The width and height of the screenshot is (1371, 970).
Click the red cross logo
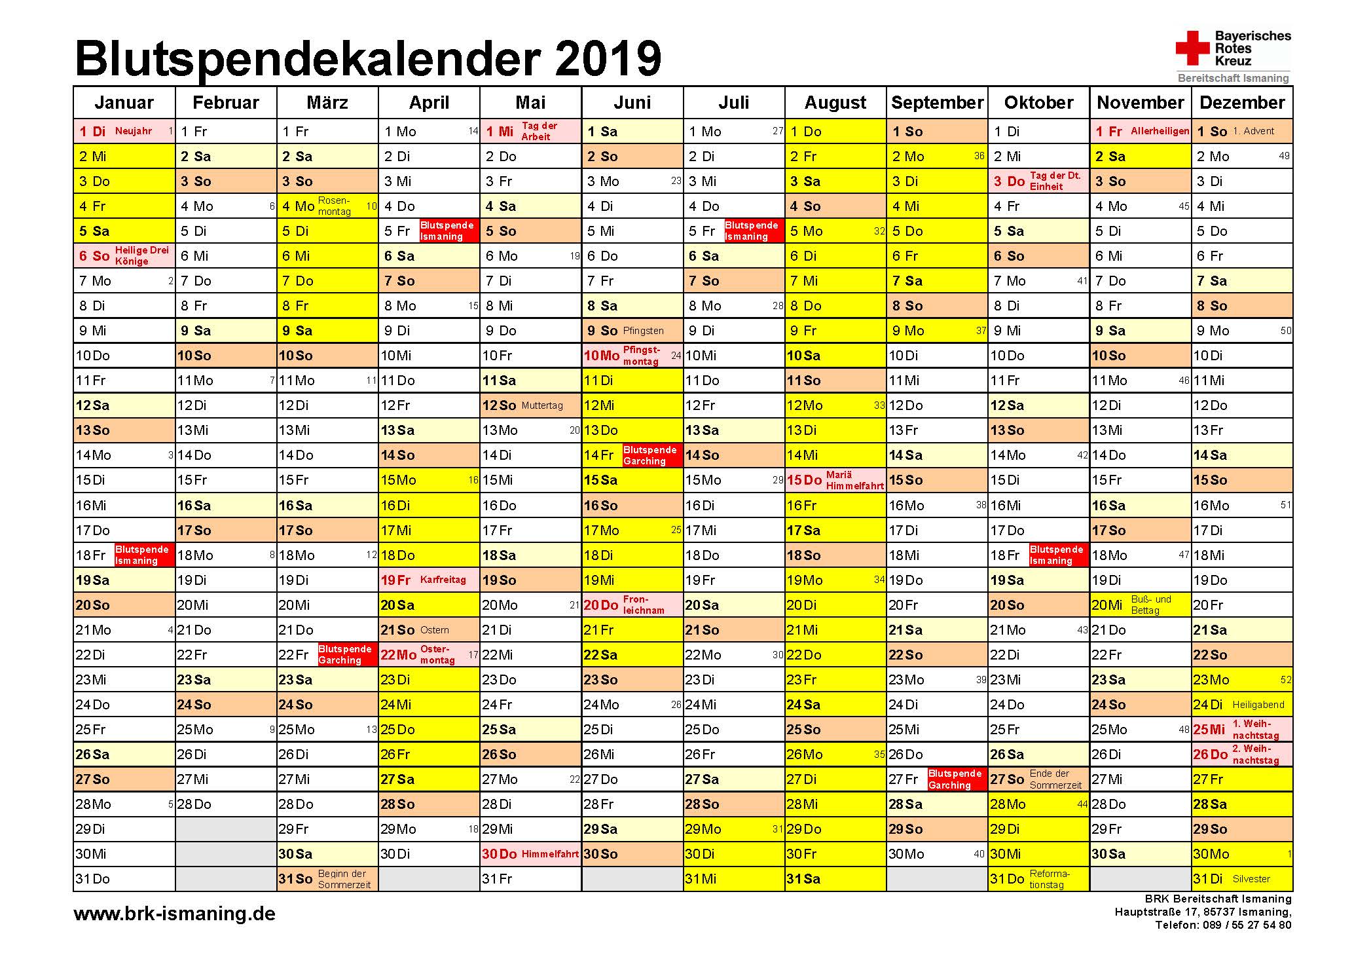click(1192, 48)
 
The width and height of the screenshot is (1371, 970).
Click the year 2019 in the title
click(608, 58)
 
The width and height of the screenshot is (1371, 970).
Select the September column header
click(937, 102)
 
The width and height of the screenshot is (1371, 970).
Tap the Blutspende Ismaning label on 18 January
click(142, 555)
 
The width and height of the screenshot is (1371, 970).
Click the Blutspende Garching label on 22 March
click(345, 654)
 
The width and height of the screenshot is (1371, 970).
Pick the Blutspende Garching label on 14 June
click(650, 455)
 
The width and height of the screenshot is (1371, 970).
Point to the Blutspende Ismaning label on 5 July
click(752, 231)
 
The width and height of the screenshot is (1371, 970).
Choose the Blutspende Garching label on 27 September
click(955, 779)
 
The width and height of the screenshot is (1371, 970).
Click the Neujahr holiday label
click(134, 131)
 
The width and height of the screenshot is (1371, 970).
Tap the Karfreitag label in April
click(443, 580)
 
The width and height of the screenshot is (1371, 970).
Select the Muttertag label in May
click(542, 405)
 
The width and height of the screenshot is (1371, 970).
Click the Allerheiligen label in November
click(1160, 131)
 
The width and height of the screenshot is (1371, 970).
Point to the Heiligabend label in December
click(1258, 705)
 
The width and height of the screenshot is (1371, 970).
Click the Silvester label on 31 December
click(1251, 879)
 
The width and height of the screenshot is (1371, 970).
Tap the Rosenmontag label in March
click(335, 206)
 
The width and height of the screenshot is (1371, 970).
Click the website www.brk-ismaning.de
click(174, 914)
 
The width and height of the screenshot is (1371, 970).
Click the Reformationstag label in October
click(1050, 879)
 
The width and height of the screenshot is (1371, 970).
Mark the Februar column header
click(226, 102)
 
